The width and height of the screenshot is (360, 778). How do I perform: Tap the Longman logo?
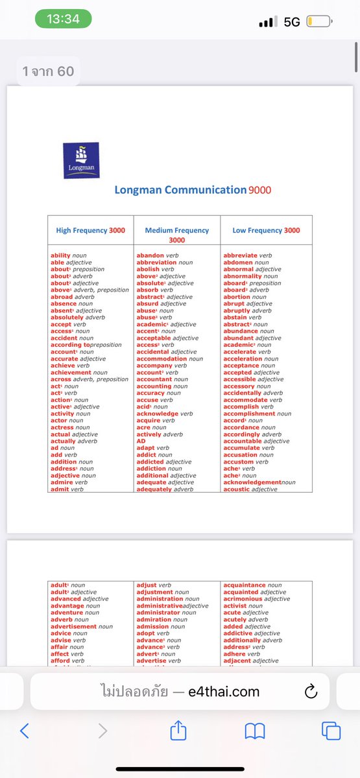coord(81,160)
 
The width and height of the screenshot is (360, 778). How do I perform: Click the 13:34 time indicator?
coord(63,19)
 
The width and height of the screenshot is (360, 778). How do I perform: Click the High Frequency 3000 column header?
coord(91,230)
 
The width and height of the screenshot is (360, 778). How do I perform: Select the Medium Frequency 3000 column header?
coord(177,235)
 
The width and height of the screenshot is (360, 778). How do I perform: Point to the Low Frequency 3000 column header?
coord(266,230)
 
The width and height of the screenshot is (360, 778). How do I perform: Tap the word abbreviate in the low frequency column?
coord(241,255)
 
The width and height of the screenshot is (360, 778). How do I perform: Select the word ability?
coord(60,255)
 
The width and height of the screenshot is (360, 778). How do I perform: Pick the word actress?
coord(62,427)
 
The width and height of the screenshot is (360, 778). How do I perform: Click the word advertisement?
coord(73,626)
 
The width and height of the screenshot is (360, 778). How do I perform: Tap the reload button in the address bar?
coord(310,691)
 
